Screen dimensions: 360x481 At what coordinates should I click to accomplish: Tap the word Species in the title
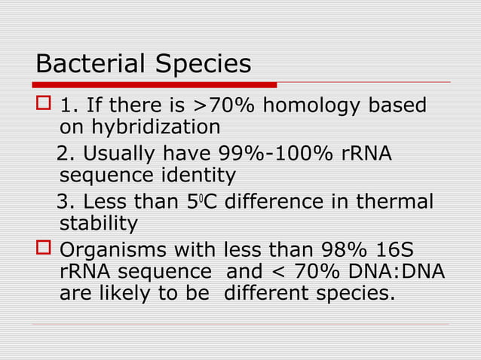[203, 65]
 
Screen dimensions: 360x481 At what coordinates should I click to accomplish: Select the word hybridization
[139, 127]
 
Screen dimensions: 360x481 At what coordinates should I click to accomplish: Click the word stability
[98, 224]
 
